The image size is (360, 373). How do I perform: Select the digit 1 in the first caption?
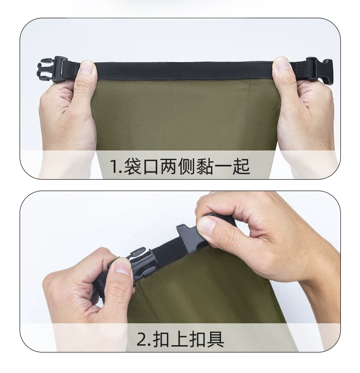pyautogui.click(x=115, y=166)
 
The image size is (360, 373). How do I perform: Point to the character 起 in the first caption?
pyautogui.click(x=241, y=166)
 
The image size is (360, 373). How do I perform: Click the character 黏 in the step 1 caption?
pyautogui.click(x=205, y=166)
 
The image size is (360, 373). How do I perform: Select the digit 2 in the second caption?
pyautogui.click(x=142, y=339)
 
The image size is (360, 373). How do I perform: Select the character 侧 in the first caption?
pyautogui.click(x=187, y=166)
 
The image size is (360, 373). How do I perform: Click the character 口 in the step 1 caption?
pyautogui.click(x=151, y=166)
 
